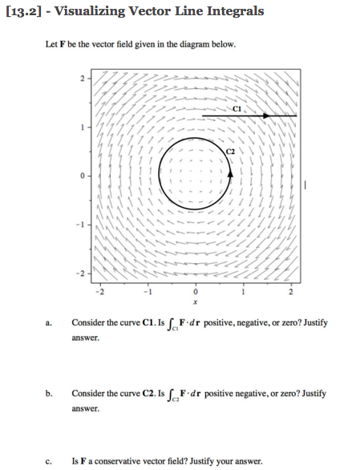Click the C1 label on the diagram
pos(237,108)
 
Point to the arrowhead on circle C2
pos(231,171)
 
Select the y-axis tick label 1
pos(81,127)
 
